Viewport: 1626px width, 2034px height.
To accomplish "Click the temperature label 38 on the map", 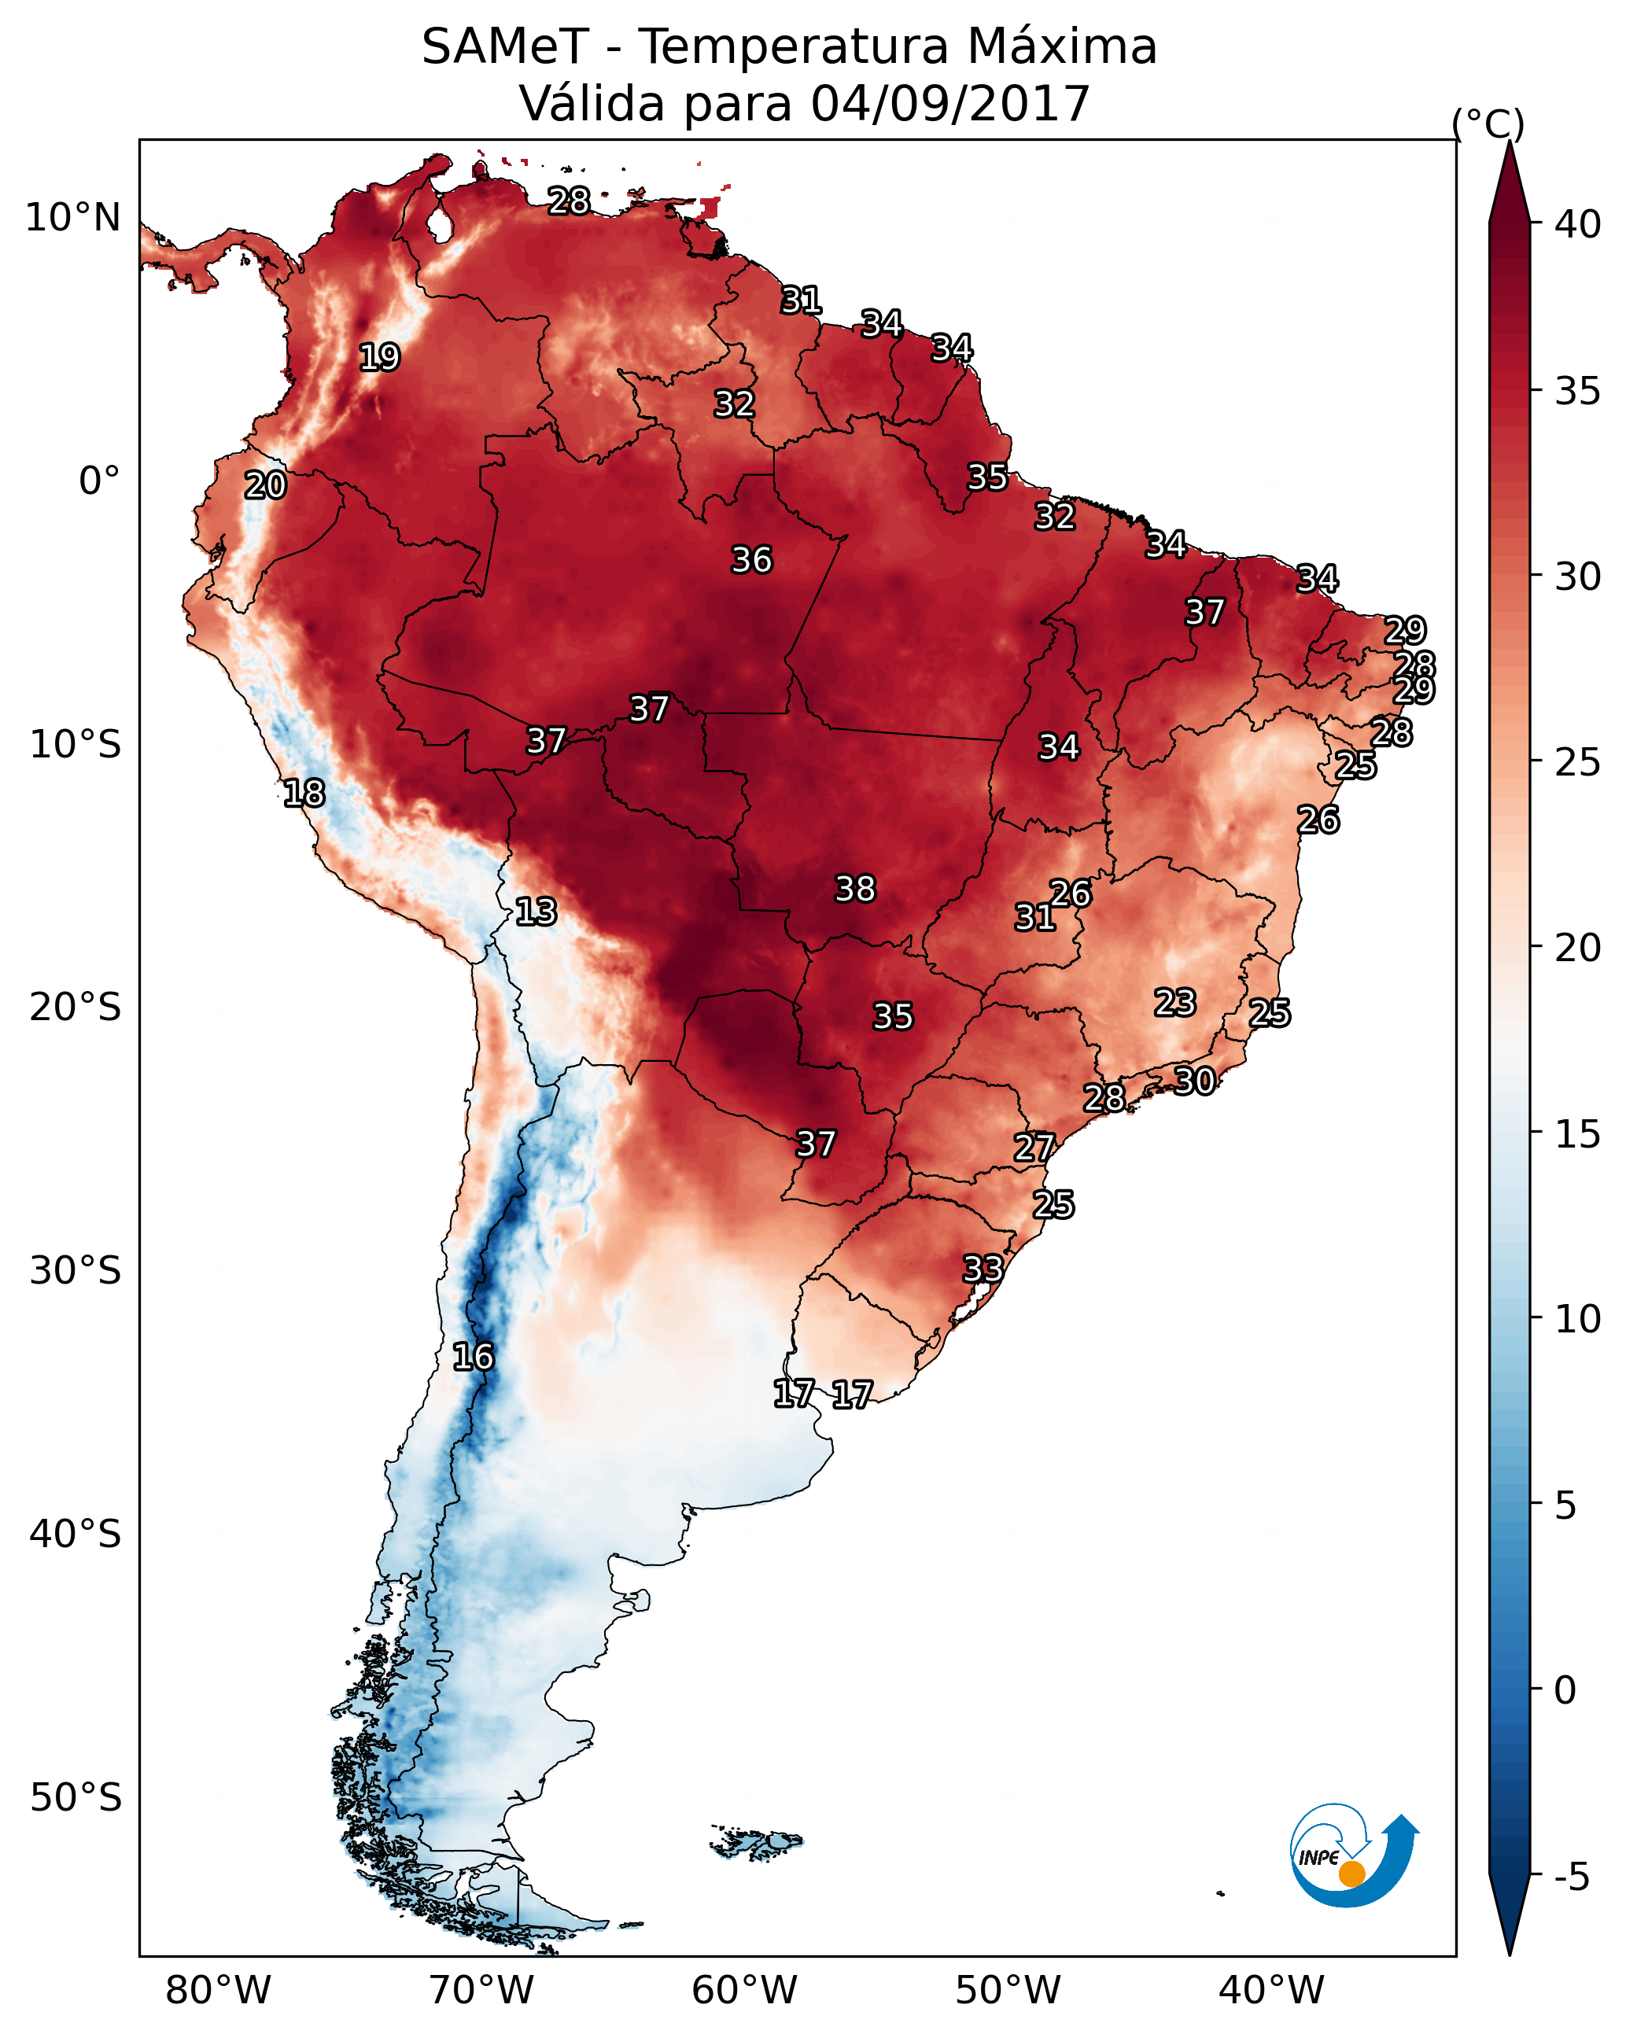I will pos(855,889).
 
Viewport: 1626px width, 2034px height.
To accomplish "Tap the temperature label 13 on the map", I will pos(536,912).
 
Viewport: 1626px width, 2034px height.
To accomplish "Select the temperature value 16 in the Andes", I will pos(473,1357).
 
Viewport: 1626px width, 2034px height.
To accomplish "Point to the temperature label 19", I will pos(379,358).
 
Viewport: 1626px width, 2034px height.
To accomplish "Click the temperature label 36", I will pos(751,560).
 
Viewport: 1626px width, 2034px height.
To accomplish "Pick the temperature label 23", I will pos(1175,1002).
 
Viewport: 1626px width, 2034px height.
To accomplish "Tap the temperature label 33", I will pos(983,1269).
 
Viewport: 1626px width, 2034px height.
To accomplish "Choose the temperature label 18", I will pos(304,794).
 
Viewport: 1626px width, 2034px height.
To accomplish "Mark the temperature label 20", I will pos(265,486).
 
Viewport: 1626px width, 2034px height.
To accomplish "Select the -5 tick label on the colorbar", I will pos(1571,1877).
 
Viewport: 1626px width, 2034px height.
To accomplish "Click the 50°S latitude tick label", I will pos(76,1798).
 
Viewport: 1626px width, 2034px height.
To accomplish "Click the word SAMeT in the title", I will pos(505,47).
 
